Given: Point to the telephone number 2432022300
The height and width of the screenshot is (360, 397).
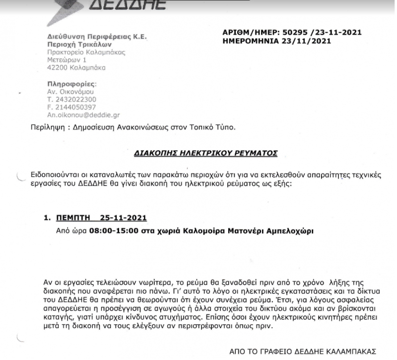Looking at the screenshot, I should point(71,99).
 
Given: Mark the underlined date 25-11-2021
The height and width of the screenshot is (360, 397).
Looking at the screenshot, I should point(123,218).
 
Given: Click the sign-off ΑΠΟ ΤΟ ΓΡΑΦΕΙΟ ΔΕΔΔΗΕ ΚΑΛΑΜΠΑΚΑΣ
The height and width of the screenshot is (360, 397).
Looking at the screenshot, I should point(306,350).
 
